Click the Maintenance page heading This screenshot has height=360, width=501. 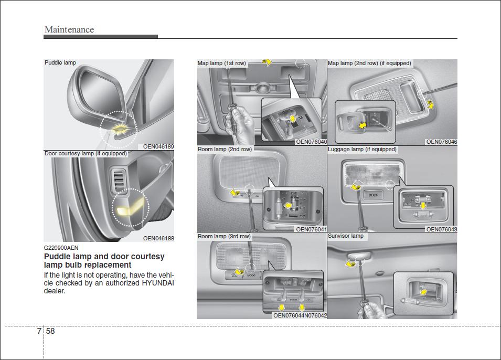pyautogui.click(x=69, y=29)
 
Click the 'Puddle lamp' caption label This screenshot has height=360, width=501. pyautogui.click(x=60, y=62)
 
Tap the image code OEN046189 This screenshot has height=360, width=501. pyautogui.click(x=158, y=146)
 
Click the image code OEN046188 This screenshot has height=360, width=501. pyautogui.click(x=158, y=238)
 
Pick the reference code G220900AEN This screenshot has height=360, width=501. pyautogui.click(x=61, y=248)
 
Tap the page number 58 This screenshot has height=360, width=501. pyautogui.click(x=50, y=331)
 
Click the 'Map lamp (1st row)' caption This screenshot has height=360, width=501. pyautogui.click(x=221, y=63)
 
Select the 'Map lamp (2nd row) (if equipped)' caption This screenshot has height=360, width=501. pyautogui.click(x=369, y=63)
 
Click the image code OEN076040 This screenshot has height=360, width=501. pyautogui.click(x=311, y=142)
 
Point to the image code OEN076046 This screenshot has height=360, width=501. pyautogui.click(x=441, y=142)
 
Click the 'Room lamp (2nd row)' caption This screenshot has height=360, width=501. pyautogui.click(x=225, y=150)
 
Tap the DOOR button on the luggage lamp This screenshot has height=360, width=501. pyautogui.click(x=373, y=195)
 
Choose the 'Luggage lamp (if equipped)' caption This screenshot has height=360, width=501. pyautogui.click(x=362, y=150)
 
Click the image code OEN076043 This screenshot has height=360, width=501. pyautogui.click(x=441, y=229)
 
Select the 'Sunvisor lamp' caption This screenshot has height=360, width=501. pyautogui.click(x=345, y=236)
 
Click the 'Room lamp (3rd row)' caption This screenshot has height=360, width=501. pyautogui.click(x=224, y=236)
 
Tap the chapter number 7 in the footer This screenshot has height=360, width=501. pyautogui.click(x=39, y=331)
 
